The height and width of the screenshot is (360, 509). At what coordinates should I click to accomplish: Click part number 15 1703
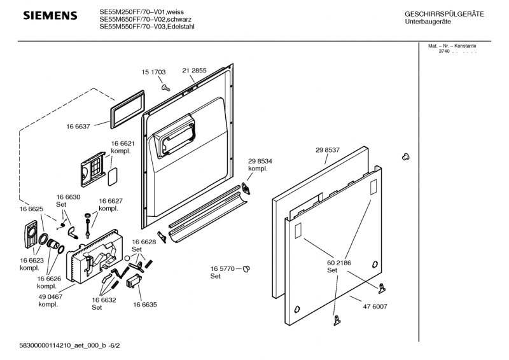(x=153, y=73)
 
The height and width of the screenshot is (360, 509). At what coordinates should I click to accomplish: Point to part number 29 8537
(x=328, y=150)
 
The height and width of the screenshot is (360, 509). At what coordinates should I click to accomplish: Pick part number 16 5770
(x=223, y=268)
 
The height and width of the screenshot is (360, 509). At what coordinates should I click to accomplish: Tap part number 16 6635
(x=145, y=305)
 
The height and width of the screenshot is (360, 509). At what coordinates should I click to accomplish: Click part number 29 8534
(x=260, y=162)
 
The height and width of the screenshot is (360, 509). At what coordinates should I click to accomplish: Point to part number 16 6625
(x=31, y=209)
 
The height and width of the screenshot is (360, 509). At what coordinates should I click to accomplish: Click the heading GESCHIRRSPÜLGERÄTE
(x=444, y=14)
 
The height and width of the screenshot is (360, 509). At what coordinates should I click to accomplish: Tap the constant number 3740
(x=443, y=51)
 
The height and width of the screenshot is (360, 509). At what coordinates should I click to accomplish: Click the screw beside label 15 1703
(x=165, y=87)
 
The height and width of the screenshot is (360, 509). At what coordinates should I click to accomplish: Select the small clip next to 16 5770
(x=247, y=270)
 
